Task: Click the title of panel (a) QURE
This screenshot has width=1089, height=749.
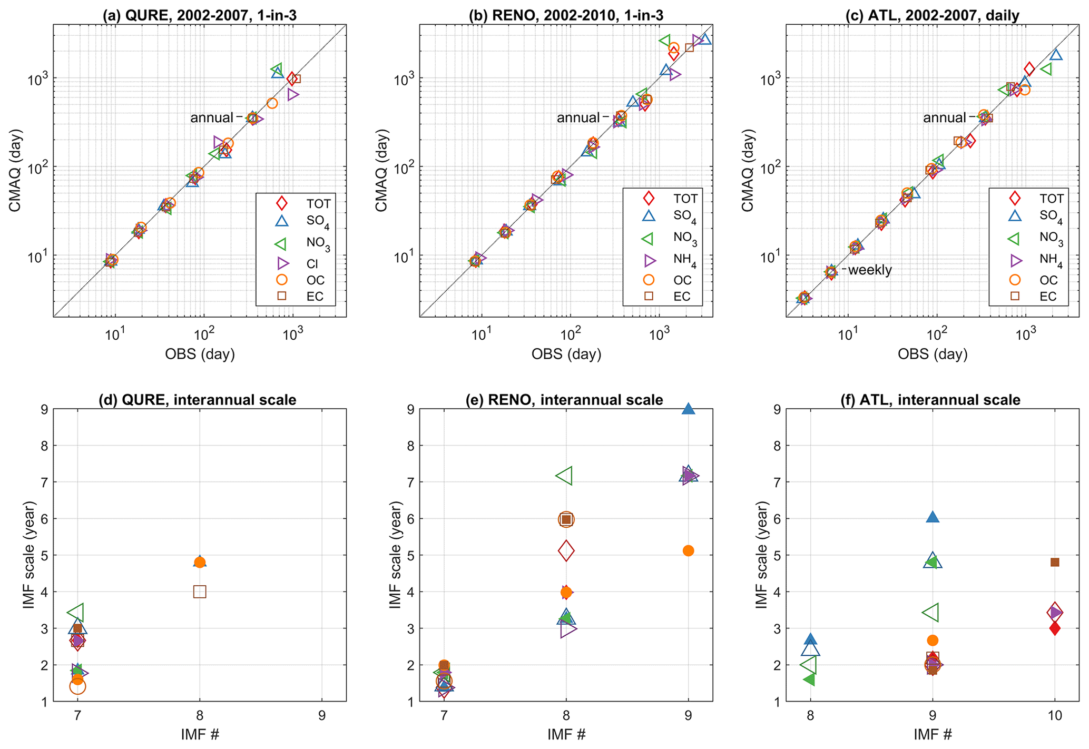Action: pos(200,15)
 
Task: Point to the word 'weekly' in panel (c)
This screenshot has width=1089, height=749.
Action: pos(869,270)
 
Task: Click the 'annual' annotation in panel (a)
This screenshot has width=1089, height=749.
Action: pos(211,117)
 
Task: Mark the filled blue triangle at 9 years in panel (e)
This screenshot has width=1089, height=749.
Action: pos(688,409)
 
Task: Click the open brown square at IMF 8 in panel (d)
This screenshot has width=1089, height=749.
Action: pos(200,592)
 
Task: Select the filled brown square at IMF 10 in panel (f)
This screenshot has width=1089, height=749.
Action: pos(1055,562)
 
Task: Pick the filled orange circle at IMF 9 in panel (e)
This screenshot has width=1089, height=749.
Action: pos(688,550)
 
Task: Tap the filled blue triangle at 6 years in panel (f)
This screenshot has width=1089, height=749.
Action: pos(933,517)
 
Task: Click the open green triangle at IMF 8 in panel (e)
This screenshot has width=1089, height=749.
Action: pos(565,476)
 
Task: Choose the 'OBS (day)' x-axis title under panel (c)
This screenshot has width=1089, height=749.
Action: pos(933,354)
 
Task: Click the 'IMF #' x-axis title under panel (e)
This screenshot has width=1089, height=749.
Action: pos(566,734)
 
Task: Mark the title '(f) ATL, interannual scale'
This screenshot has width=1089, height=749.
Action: pos(930,400)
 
